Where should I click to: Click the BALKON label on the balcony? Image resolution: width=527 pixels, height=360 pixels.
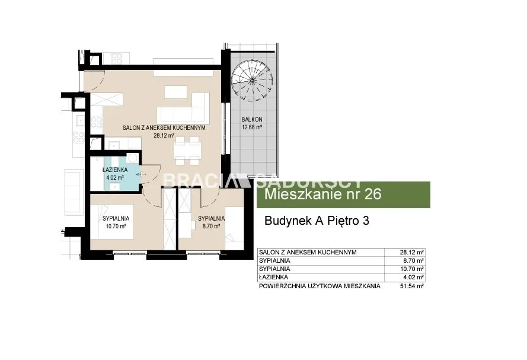pyautogui.click(x=252, y=119)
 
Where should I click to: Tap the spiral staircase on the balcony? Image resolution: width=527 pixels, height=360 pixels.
pyautogui.click(x=252, y=80)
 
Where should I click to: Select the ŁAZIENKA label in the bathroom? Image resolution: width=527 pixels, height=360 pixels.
pyautogui.click(x=115, y=170)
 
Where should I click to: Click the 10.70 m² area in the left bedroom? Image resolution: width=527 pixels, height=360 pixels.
pyautogui.click(x=116, y=227)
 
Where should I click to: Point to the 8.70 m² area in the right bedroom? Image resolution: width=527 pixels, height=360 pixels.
pyautogui.click(x=211, y=227)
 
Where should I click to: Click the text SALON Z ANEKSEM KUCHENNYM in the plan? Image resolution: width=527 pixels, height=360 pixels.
pyautogui.click(x=164, y=128)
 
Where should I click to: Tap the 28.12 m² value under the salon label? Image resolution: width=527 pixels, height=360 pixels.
pyautogui.click(x=164, y=136)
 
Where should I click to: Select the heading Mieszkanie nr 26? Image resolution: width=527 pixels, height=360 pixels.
pyautogui.click(x=323, y=195)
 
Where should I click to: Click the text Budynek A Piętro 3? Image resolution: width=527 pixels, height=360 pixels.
pyautogui.click(x=317, y=221)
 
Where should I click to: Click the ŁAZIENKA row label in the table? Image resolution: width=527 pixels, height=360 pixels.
pyautogui.click(x=274, y=278)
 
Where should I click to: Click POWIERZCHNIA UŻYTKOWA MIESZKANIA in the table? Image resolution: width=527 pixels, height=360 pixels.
pyautogui.click(x=320, y=286)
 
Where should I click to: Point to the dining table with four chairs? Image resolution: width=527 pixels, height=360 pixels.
pyautogui.click(x=187, y=151)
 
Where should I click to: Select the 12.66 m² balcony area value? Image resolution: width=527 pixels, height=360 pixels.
pyautogui.click(x=252, y=128)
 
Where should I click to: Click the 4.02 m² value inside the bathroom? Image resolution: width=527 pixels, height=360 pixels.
pyautogui.click(x=115, y=177)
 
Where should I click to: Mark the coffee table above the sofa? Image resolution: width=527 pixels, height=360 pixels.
pyautogui.click(x=176, y=92)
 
